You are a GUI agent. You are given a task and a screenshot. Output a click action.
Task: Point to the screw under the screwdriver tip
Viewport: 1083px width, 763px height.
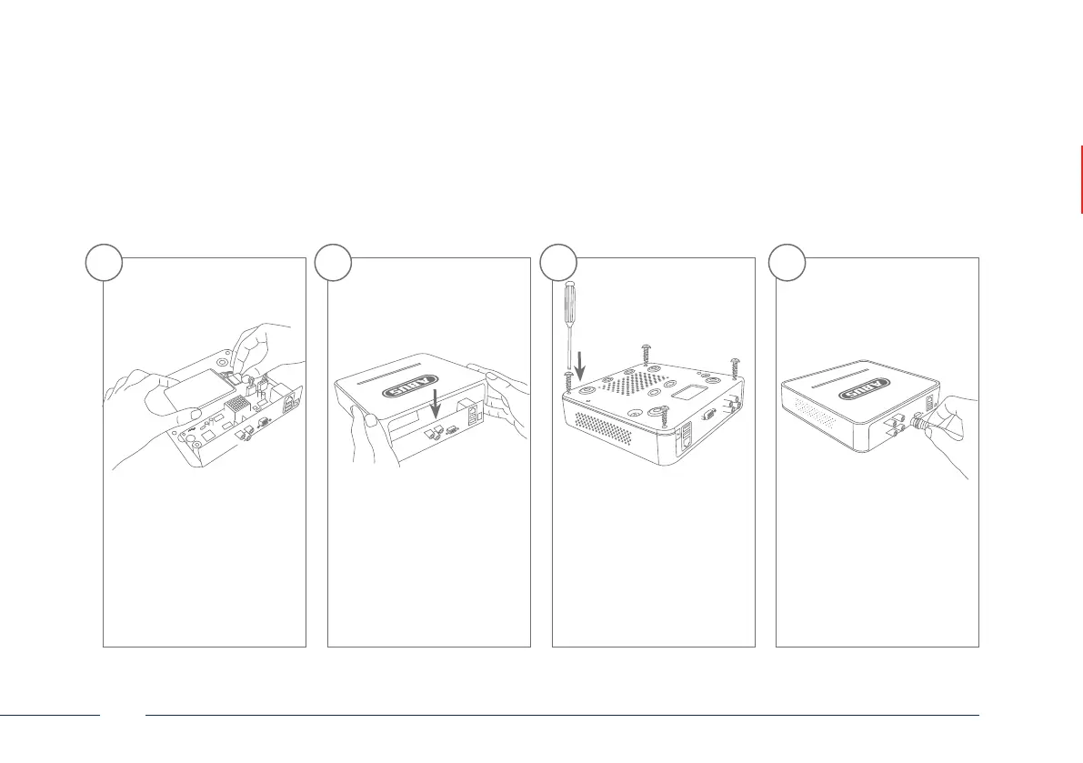[567, 376]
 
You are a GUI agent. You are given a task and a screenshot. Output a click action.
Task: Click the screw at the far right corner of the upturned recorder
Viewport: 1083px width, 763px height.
[735, 367]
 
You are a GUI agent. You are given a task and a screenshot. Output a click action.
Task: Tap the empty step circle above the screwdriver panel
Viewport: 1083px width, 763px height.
[558, 263]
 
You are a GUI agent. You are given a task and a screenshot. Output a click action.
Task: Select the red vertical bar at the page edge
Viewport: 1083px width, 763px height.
[1081, 179]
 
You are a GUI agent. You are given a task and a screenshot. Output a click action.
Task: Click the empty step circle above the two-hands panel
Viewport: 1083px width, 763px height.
[332, 263]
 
